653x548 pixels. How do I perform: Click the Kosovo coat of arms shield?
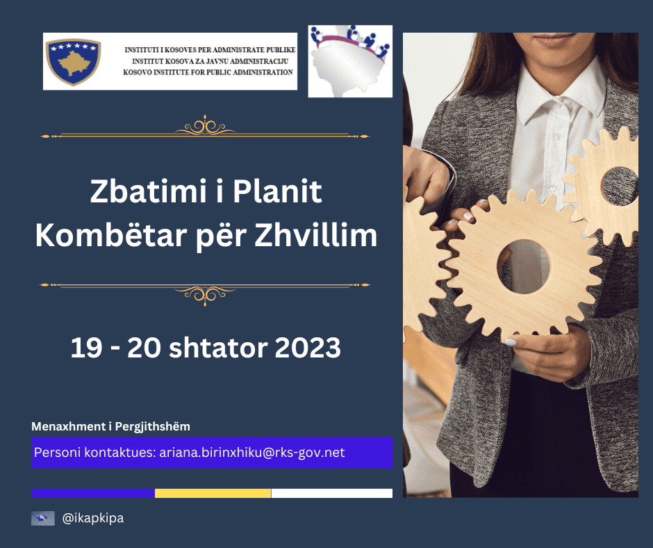pos(73,62)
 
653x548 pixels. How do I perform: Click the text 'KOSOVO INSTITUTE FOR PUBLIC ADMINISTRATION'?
pos(208,72)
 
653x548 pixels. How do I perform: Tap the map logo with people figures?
pos(350,61)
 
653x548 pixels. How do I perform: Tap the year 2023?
pos(308,347)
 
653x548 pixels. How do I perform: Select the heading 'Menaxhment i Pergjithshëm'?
pos(110,426)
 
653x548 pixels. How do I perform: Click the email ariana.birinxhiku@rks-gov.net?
pos(252,452)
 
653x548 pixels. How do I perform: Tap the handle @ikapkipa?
pos(93,518)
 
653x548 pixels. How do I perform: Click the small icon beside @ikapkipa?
pos(43,518)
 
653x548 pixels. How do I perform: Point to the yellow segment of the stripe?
pos(213,493)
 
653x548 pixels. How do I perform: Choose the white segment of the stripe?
pos(331,493)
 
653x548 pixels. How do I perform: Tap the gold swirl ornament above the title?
pos(205,127)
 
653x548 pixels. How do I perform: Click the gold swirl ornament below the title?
pos(205,293)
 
